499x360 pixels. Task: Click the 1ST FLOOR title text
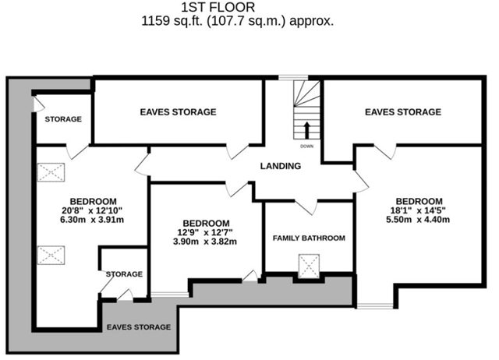(x=218, y=7)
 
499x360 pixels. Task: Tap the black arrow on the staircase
(x=306, y=130)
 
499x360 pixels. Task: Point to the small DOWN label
(x=306, y=146)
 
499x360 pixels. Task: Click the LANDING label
(x=281, y=166)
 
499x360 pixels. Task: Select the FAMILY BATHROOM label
(x=309, y=238)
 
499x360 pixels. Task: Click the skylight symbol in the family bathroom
(x=309, y=266)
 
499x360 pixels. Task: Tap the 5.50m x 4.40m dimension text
(x=418, y=220)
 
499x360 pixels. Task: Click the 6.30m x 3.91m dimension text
(x=92, y=220)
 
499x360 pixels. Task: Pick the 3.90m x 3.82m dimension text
(x=205, y=242)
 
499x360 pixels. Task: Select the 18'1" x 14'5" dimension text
(x=418, y=210)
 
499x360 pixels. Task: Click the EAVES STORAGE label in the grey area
(x=139, y=327)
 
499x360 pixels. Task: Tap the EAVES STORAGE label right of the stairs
(x=403, y=112)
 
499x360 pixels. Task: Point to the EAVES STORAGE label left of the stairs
(x=179, y=112)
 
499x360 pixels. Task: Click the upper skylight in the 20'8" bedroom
(x=51, y=172)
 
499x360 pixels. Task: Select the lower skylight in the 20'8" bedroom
(x=51, y=255)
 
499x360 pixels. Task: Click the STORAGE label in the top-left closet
(x=63, y=119)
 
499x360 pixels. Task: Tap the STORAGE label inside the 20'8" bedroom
(x=124, y=274)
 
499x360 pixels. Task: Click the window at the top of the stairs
(x=293, y=77)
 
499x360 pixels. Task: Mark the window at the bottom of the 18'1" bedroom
(x=375, y=306)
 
